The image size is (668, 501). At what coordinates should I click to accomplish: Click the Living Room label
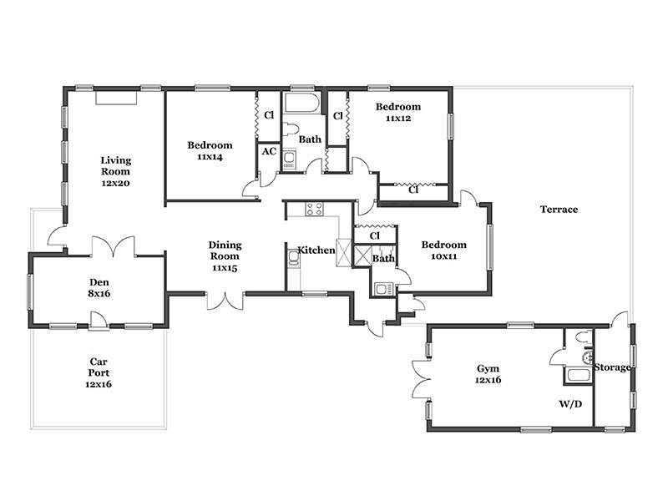115,166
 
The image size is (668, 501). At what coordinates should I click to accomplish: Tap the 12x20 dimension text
115,183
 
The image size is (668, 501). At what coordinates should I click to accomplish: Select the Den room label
99,282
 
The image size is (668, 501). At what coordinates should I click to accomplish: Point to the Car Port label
99,367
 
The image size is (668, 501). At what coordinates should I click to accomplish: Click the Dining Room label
225,250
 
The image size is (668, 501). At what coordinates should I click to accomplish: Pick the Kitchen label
316,250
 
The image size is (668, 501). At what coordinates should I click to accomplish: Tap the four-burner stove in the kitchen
315,210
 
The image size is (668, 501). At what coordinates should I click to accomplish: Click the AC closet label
269,151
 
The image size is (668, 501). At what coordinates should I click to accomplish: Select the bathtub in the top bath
301,103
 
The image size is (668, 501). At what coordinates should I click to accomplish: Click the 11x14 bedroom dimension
210,157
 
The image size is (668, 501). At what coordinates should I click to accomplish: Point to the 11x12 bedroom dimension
398,119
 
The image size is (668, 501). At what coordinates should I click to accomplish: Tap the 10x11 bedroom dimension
444,256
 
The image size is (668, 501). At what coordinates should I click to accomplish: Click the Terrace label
559,210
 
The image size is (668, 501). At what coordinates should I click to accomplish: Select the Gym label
488,368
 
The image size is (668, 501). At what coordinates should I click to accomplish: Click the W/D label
570,404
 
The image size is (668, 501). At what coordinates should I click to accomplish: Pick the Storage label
612,367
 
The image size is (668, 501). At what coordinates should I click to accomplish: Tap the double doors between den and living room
113,246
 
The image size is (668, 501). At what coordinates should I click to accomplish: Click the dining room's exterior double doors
225,301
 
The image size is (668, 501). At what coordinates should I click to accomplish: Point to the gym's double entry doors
422,379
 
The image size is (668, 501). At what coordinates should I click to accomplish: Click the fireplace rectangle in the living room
116,97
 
